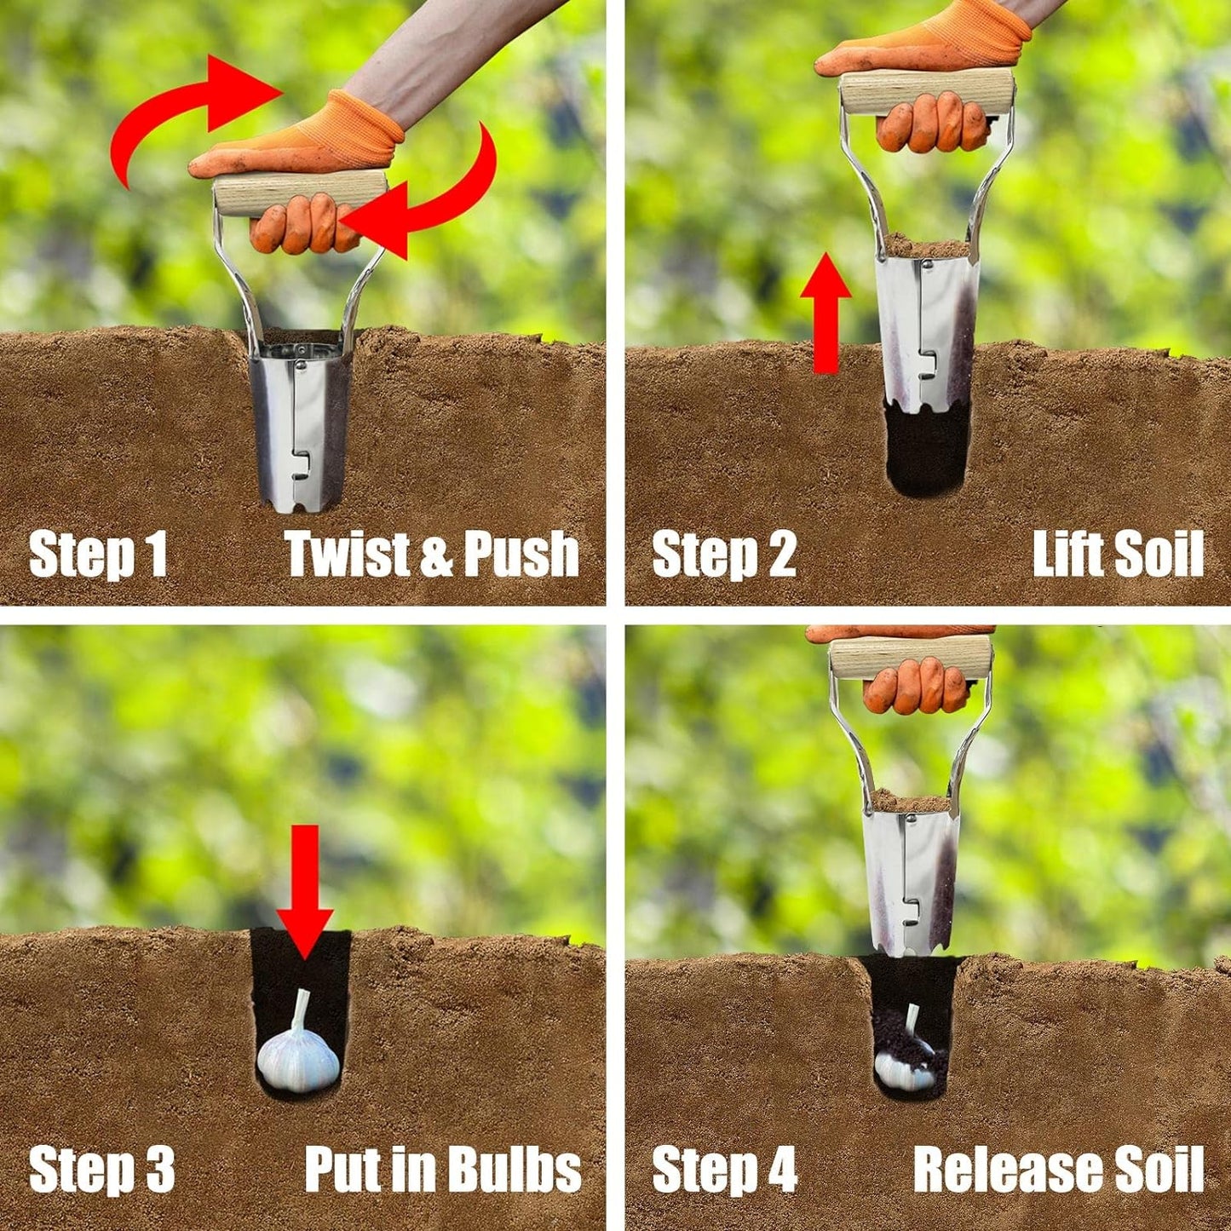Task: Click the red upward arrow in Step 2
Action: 825,313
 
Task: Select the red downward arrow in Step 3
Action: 305,892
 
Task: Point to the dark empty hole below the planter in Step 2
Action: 927,447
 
